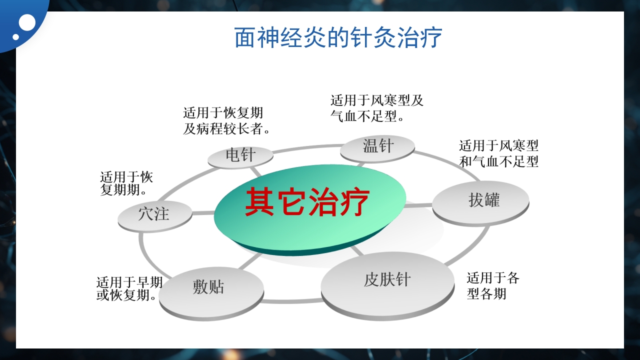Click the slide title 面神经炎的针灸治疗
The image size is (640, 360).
click(x=338, y=38)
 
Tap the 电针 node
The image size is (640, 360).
click(x=240, y=155)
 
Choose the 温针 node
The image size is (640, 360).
click(x=377, y=147)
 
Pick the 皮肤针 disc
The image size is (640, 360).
click(x=387, y=280)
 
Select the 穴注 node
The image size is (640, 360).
click(x=154, y=214)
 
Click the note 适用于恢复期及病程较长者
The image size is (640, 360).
click(x=226, y=120)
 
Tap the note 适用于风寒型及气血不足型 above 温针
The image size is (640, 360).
click(x=376, y=108)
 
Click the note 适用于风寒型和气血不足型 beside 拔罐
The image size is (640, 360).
click(x=498, y=153)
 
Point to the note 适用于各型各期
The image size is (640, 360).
click(x=492, y=285)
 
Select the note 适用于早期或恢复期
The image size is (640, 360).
click(x=129, y=289)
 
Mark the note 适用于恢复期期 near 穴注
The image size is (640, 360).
click(x=126, y=183)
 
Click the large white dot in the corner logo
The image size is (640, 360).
click(x=27, y=23)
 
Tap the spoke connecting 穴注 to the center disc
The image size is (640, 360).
click(x=203, y=213)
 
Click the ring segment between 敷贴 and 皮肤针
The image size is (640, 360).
click(x=292, y=301)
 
